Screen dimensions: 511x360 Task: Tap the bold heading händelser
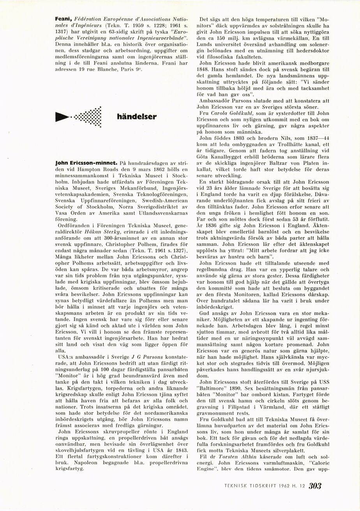[137, 116]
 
